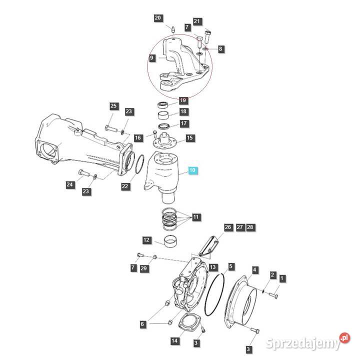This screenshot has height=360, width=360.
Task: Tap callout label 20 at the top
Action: tap(157, 19)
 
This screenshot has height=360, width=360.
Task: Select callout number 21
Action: tap(197, 21)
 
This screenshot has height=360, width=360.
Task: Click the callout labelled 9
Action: tap(151, 58)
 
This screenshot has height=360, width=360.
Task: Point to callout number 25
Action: tap(113, 106)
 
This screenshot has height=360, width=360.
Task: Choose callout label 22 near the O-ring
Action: tap(125, 186)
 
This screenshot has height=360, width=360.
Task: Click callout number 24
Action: tap(69, 185)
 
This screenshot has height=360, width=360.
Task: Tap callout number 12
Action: tap(146, 240)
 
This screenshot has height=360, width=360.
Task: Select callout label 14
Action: tap(174, 341)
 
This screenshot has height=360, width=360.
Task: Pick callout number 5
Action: tap(230, 266)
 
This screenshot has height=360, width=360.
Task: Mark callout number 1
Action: tap(282, 278)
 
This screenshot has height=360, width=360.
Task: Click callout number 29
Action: tap(144, 269)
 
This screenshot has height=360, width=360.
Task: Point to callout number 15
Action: tap(189, 138)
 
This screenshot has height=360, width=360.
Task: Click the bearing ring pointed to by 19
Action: tap(162, 104)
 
